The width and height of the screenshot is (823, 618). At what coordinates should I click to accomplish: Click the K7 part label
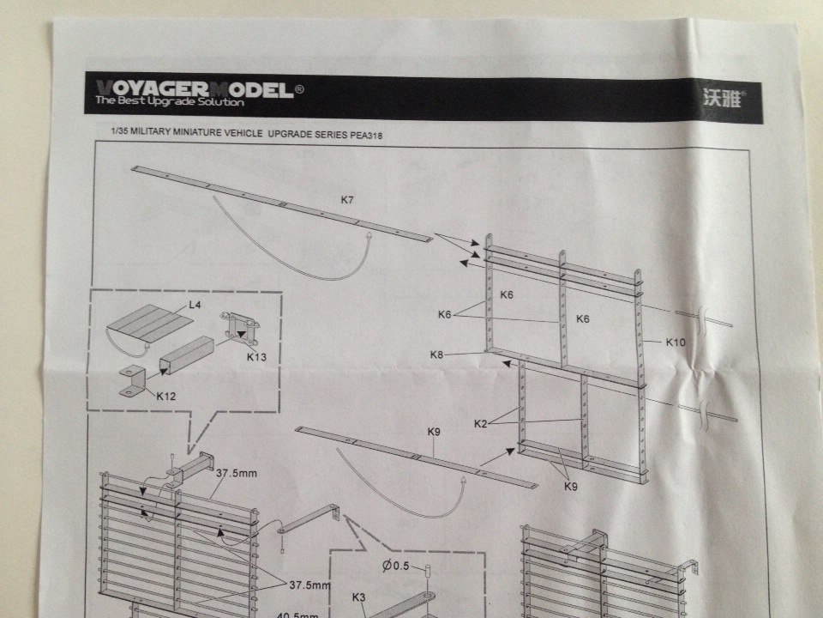(346, 200)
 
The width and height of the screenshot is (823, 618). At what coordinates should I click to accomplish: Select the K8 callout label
(437, 354)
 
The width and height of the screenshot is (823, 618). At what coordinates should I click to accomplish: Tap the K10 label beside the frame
(676, 342)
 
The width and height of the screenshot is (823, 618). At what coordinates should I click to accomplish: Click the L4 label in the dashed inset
(195, 305)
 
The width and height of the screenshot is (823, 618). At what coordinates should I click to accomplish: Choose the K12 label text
(166, 396)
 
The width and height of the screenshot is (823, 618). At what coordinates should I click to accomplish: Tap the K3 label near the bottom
(359, 597)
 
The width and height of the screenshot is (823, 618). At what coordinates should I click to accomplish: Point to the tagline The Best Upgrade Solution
(169, 102)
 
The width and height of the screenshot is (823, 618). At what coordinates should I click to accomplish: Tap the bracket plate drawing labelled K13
(237, 329)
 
